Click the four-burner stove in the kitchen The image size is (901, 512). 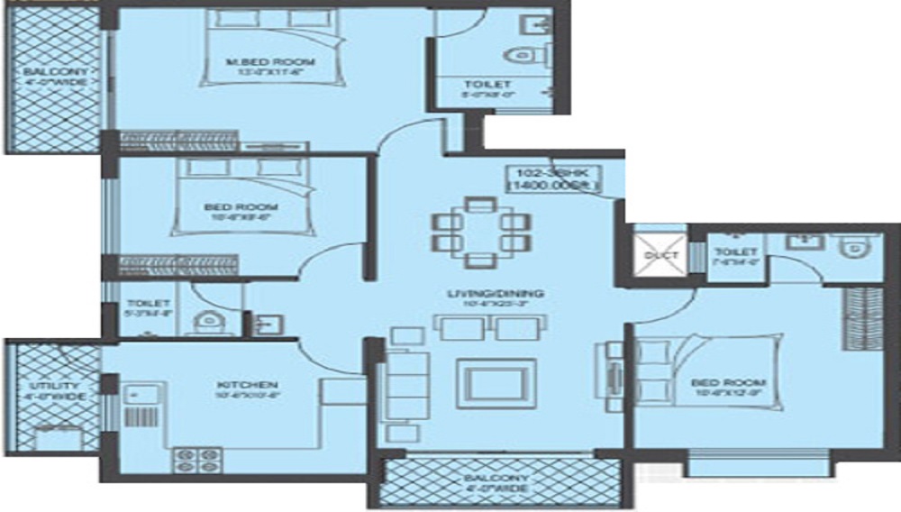click(x=197, y=459)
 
